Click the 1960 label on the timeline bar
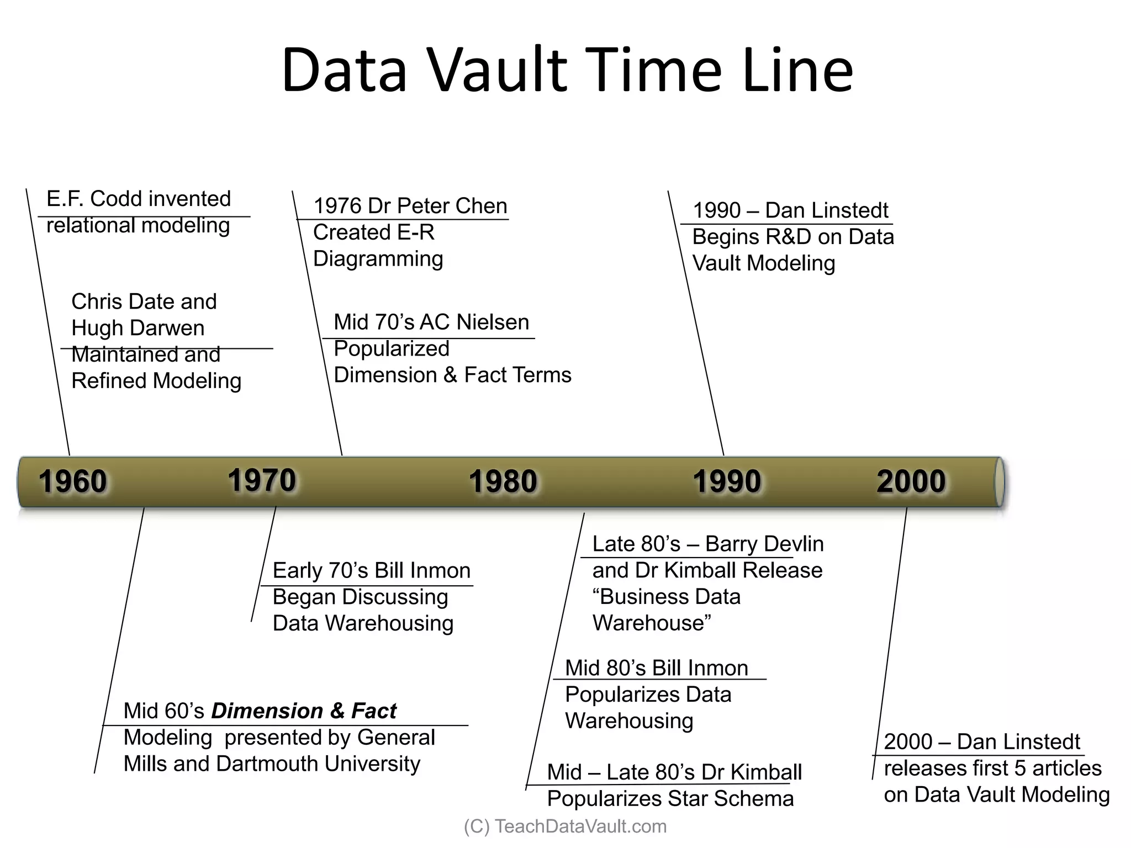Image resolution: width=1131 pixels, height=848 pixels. (x=73, y=481)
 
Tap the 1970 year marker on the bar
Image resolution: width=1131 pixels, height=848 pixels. (x=262, y=480)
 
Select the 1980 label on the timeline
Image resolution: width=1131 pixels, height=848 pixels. (x=503, y=481)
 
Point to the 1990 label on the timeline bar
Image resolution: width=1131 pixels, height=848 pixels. (x=727, y=481)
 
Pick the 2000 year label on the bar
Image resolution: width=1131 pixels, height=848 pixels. (x=911, y=481)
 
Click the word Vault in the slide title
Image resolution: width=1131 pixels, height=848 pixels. (x=498, y=71)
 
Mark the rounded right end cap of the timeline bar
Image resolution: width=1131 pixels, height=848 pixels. (x=1000, y=481)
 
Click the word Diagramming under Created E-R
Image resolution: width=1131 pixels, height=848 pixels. (x=378, y=259)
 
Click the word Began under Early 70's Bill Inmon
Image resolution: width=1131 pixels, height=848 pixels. (x=304, y=597)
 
